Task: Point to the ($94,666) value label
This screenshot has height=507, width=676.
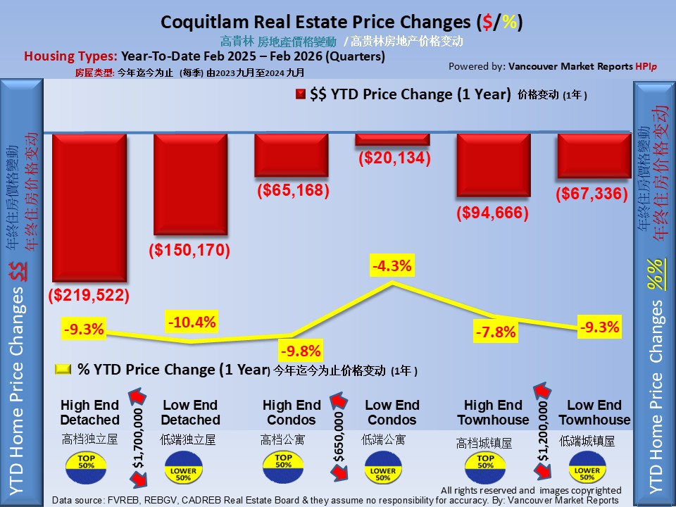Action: point(492,213)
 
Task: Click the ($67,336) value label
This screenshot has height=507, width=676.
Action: point(591,193)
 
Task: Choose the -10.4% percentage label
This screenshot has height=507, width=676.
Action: point(192,323)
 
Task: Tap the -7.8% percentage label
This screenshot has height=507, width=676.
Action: point(496,332)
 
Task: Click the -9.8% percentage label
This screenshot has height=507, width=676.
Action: point(300,351)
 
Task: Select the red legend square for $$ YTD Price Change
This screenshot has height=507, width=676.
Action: point(301,96)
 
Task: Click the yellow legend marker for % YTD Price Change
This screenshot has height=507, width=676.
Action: point(63,370)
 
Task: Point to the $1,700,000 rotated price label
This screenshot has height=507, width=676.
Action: point(139,437)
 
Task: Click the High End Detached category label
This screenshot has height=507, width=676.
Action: point(90,413)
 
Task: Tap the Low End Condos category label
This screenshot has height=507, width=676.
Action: point(392,413)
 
